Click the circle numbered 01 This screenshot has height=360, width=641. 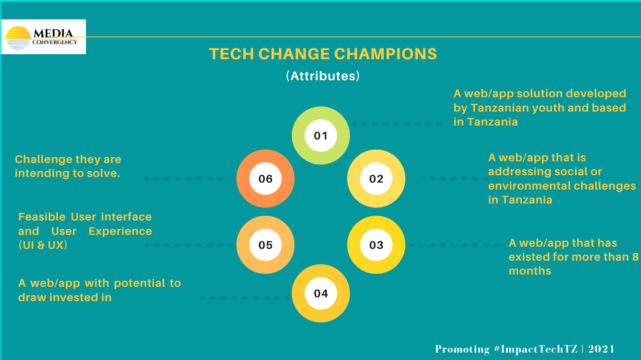point(321,136)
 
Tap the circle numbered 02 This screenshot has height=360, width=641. point(376,179)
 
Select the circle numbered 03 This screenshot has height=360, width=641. point(376,245)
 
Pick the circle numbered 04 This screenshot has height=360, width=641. point(321,293)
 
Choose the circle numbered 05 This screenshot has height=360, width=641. point(265,245)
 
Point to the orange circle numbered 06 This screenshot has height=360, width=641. point(265,179)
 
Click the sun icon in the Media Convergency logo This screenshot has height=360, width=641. point(18,38)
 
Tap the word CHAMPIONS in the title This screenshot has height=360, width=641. point(385,54)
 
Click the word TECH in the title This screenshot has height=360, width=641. point(232,54)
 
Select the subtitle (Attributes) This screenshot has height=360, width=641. point(323,76)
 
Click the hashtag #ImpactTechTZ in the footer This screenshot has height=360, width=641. point(535,349)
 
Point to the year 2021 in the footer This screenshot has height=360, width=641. point(601,349)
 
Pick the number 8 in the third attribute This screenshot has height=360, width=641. point(636,257)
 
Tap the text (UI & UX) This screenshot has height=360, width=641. point(43,245)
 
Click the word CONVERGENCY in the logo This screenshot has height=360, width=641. point(55,42)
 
